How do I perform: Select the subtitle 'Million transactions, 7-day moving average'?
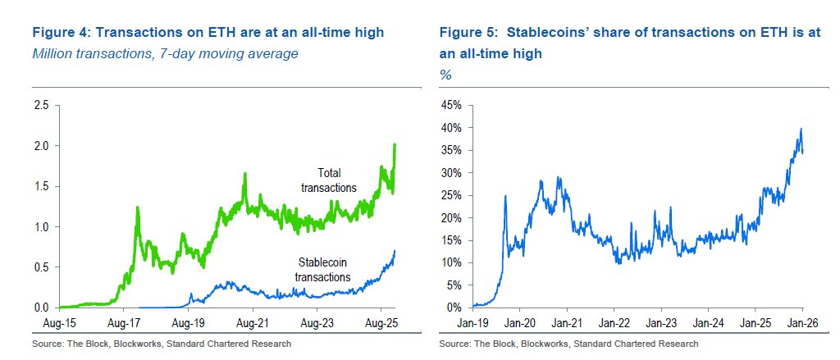[x=164, y=54]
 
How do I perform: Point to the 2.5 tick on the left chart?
[x=40, y=106]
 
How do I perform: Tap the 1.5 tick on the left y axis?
[x=40, y=187]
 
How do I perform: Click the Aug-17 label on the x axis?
[x=122, y=322]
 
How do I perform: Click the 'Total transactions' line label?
[x=328, y=180]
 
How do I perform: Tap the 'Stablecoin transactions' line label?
[x=323, y=270]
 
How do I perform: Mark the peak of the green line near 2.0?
[x=395, y=145]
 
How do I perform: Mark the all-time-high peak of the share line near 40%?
[x=800, y=129]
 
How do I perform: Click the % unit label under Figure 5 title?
[x=445, y=75]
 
